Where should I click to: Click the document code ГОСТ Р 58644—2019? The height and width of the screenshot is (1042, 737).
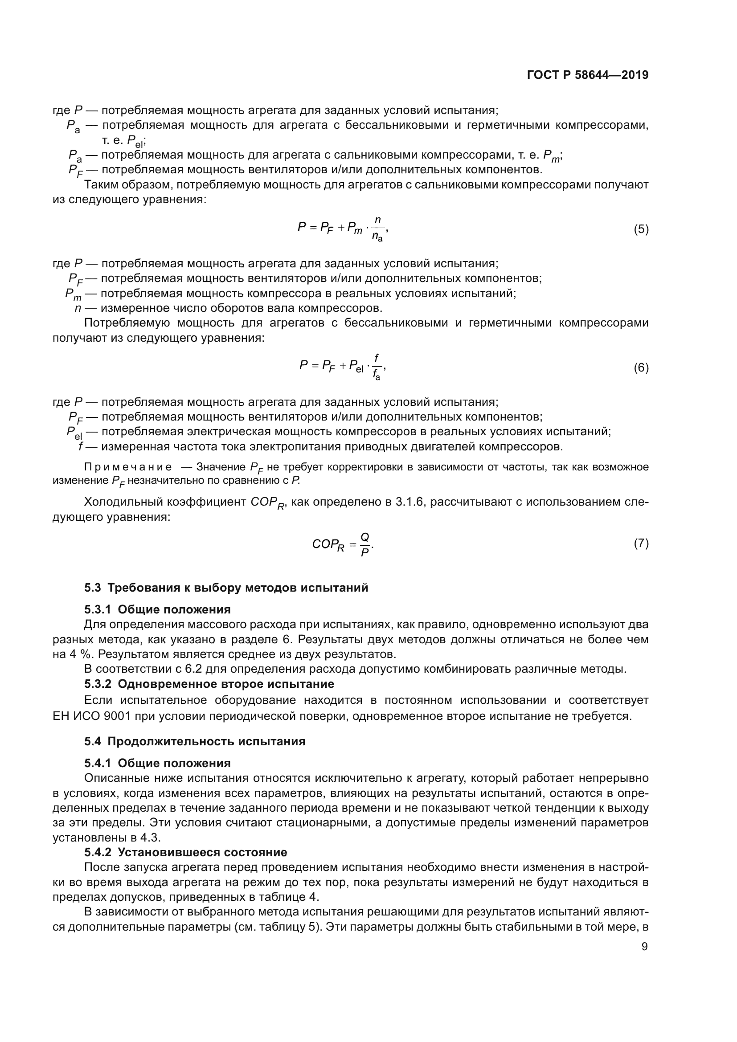point(587,75)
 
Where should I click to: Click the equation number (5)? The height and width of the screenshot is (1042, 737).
point(641,229)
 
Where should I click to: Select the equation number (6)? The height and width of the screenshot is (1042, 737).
point(641,368)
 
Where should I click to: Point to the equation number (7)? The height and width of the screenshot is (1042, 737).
point(641,543)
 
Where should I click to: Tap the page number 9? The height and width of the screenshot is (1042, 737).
point(644,946)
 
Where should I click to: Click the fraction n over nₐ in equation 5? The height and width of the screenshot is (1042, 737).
point(377,229)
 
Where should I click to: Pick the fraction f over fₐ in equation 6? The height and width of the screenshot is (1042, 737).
point(377,367)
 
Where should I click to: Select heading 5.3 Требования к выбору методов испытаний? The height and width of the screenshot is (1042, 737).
point(226,588)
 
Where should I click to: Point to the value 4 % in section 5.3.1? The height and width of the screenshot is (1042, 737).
point(78,654)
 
